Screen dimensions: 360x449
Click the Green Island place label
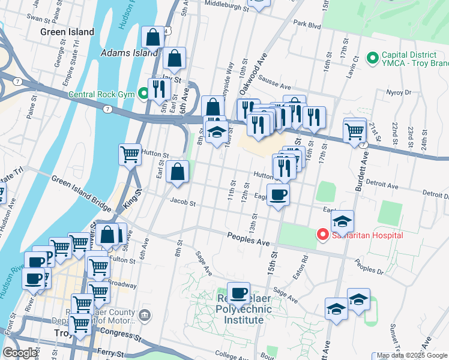click(67, 32)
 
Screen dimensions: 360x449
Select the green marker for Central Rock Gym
click(143, 94)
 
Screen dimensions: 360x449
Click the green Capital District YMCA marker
click(372, 58)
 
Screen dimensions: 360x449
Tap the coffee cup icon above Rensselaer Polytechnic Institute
click(238, 293)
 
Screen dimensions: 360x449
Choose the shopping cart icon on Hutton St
click(130, 155)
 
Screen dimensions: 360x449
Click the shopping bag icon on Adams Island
click(153, 37)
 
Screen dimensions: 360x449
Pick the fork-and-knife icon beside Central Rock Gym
click(159, 89)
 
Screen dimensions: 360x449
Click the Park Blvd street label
click(307, 25)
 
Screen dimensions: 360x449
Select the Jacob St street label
click(183, 203)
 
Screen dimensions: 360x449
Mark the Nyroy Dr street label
click(399, 93)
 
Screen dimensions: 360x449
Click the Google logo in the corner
click(20, 353)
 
